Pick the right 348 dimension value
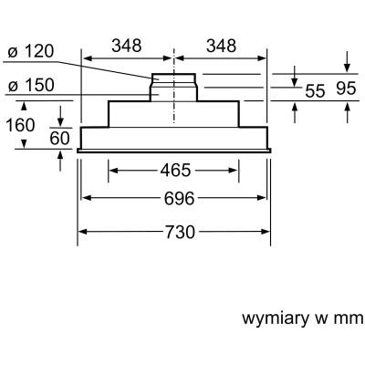pos(220,44)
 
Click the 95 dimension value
pos(346,90)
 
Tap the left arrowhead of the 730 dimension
pos(80,232)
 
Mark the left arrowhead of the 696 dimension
pos(86,199)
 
